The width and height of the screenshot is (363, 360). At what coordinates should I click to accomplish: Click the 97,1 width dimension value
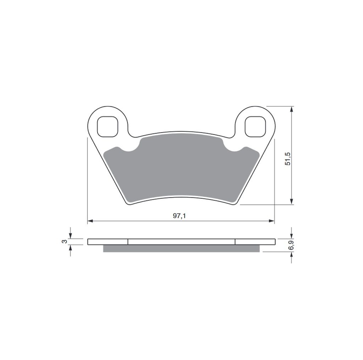[x=179, y=216]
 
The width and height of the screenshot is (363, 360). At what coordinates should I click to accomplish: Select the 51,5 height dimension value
[x=288, y=159]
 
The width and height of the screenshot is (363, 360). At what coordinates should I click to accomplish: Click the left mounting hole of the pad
[x=108, y=126]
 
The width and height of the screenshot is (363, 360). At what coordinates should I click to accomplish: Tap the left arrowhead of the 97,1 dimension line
[x=90, y=221]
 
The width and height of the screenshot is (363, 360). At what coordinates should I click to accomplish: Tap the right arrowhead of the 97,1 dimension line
[x=272, y=221]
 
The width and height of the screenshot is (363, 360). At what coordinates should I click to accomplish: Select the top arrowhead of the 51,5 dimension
[x=292, y=109]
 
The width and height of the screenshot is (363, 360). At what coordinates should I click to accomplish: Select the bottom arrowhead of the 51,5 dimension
[x=292, y=202]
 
